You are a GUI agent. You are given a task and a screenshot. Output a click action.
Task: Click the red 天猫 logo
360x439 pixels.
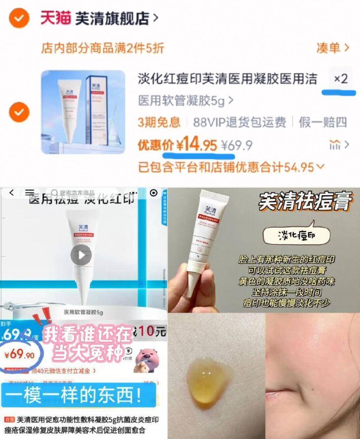(55, 18)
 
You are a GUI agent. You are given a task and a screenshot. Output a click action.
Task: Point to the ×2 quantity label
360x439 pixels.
(341, 79)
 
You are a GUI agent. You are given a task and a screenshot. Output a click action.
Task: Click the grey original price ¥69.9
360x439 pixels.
(237, 145)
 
